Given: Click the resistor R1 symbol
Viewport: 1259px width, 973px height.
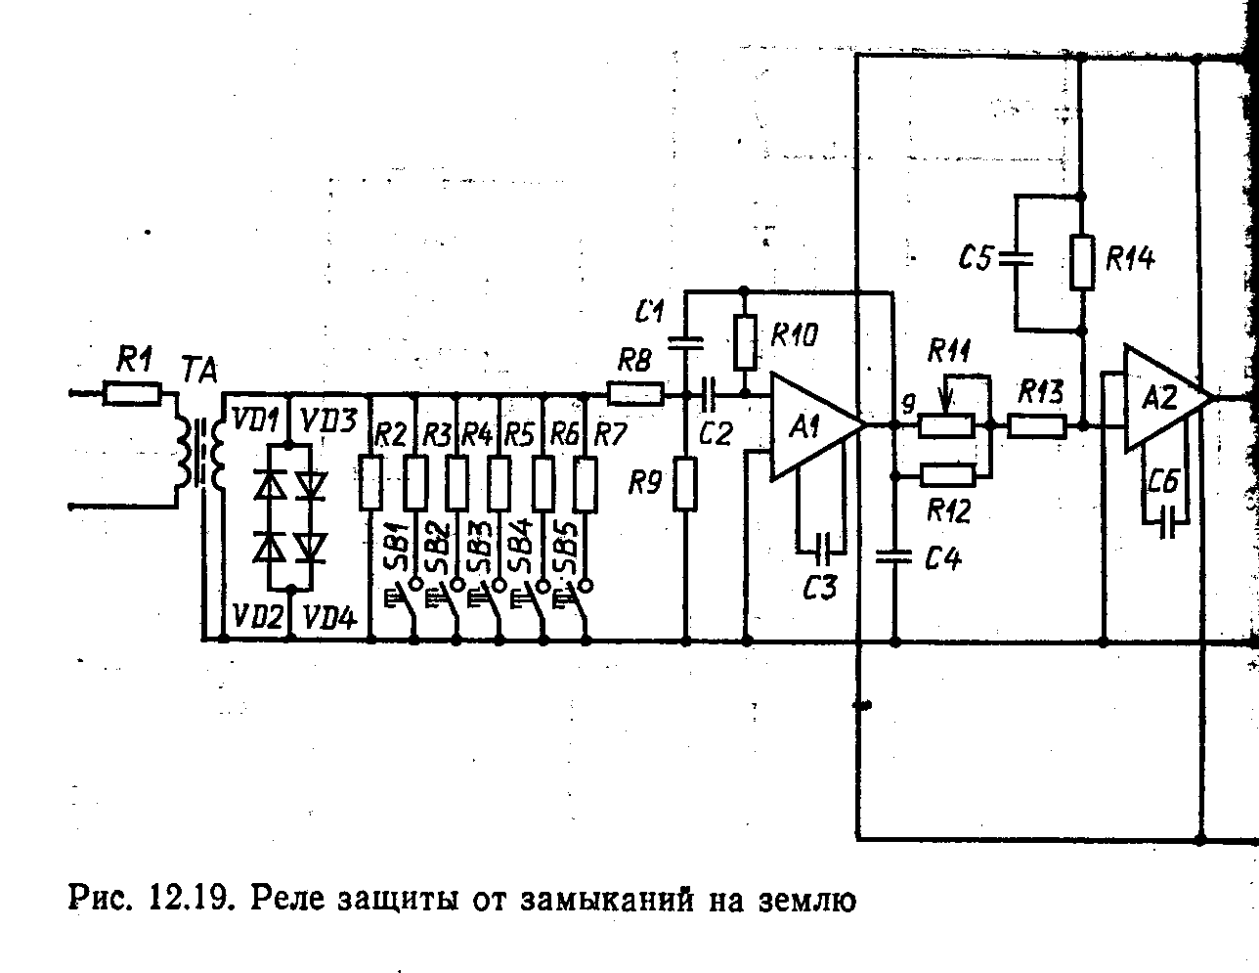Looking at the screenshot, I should pyautogui.click(x=132, y=394).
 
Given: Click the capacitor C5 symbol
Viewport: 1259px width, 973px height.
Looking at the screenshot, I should pyautogui.click(x=1017, y=259).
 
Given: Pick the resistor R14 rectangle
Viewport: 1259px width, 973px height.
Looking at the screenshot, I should pyautogui.click(x=1081, y=261).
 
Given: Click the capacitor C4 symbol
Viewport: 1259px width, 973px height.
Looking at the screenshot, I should pyautogui.click(x=893, y=557).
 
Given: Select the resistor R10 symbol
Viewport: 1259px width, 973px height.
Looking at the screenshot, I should pyautogui.click(x=744, y=340).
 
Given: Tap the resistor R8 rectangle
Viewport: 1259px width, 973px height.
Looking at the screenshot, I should pyautogui.click(x=635, y=395).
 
